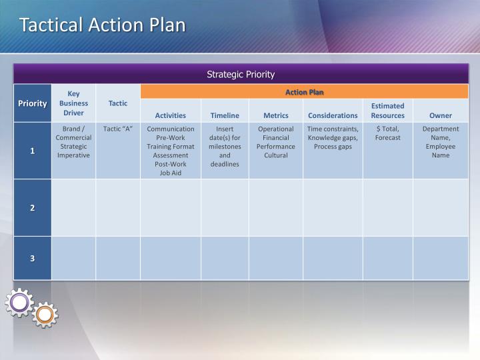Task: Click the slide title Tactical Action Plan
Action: pos(102,25)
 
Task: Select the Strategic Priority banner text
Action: pos(241,74)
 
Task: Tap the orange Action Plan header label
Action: pos(305,92)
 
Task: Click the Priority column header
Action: pos(32,103)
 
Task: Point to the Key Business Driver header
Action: pos(73,103)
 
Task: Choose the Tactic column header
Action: pos(118,103)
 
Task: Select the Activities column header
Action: pos(171,115)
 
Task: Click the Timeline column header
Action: pos(225,115)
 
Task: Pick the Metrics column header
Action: pos(276,115)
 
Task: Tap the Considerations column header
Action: pos(333,115)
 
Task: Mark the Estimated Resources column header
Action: pos(388,111)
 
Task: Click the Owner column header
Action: pos(441,115)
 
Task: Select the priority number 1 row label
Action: pos(32,151)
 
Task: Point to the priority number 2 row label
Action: pos(32,207)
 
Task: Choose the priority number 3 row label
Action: pos(32,258)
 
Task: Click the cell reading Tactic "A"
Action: pos(118,129)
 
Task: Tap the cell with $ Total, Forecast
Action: pos(388,133)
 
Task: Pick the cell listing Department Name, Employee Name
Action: pos(441,141)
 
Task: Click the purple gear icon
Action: pos(19,303)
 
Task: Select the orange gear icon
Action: pos(45,314)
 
